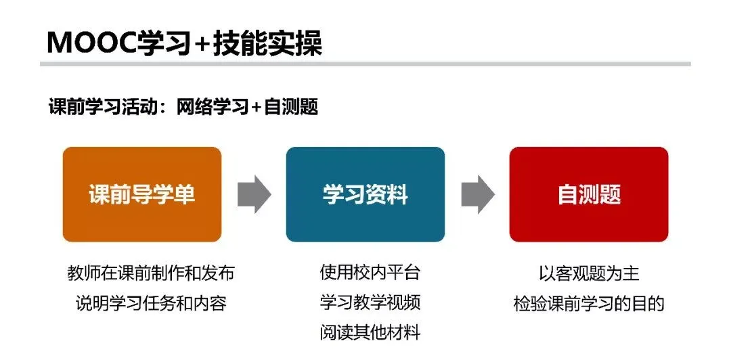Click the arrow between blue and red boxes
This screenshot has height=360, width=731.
click(x=477, y=194)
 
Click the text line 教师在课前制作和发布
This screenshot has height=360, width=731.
click(x=151, y=274)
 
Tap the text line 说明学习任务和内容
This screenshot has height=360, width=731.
click(x=151, y=302)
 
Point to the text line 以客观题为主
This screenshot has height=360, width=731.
click(x=589, y=273)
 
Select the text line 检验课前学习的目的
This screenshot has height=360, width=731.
click(x=589, y=303)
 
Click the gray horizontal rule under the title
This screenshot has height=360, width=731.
click(x=365, y=64)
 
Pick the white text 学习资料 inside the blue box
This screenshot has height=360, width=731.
click(x=365, y=195)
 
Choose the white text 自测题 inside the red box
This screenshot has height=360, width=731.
click(x=589, y=195)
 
